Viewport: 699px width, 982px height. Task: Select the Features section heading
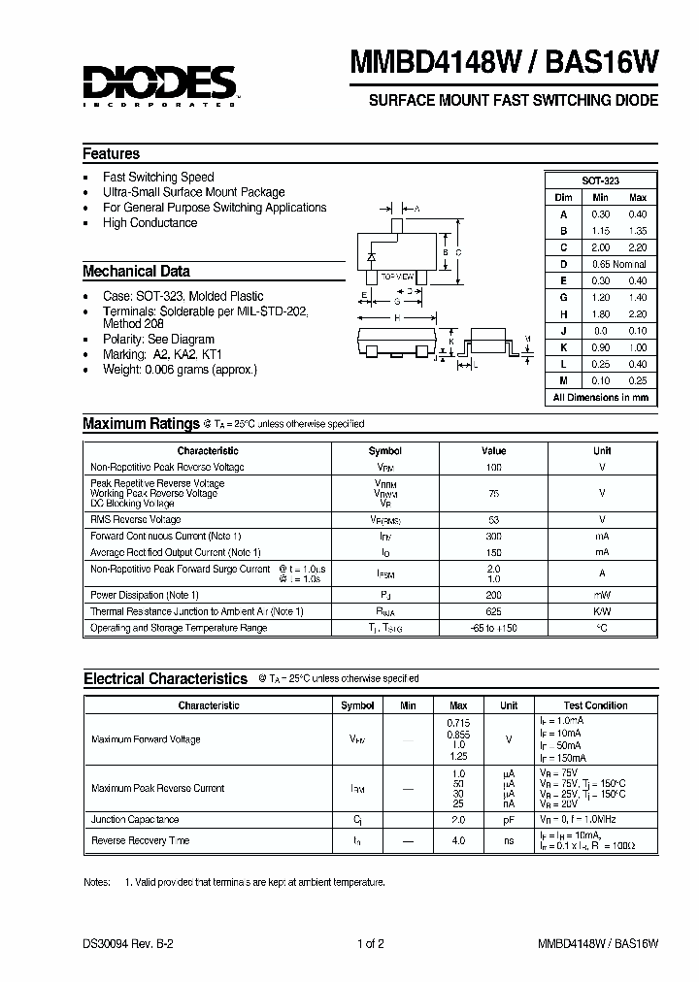pos(111,154)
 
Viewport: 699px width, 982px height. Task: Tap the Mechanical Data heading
pos(136,272)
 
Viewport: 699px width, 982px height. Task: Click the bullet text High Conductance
pos(150,223)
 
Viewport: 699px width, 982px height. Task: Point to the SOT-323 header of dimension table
pos(600,180)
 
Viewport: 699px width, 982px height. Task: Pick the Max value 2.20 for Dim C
pos(636,247)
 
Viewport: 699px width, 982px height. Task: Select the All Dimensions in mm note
pos(600,398)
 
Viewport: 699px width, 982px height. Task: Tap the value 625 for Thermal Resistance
pos(494,611)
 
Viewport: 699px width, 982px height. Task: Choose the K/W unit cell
pos(602,611)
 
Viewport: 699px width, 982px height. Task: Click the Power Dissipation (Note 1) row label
pos(144,595)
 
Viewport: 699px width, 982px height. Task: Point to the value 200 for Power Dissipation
pos(494,595)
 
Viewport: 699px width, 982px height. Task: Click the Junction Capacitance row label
pos(134,820)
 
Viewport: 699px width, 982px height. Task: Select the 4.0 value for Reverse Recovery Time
pos(458,840)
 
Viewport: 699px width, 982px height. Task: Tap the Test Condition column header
pos(595,705)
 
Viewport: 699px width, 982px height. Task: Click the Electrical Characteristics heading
pos(165,679)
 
